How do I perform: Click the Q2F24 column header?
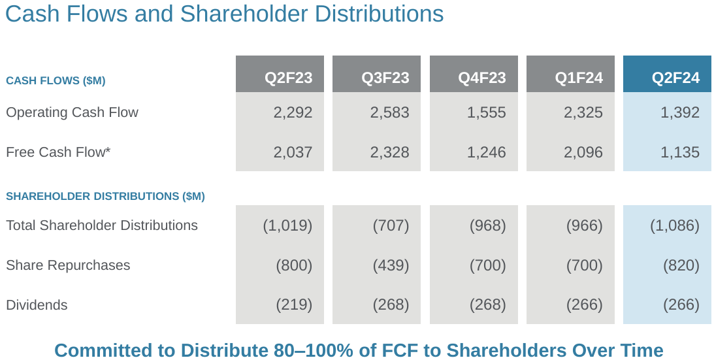click(x=675, y=78)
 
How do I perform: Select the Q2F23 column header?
click(x=288, y=78)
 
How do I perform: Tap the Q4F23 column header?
click(x=481, y=78)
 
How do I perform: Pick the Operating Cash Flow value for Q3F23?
click(x=389, y=112)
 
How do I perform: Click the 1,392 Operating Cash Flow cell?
click(x=680, y=112)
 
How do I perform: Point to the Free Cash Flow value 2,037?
click(x=293, y=152)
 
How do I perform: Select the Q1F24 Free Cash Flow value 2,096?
click(x=583, y=152)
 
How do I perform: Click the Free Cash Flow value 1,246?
click(x=486, y=152)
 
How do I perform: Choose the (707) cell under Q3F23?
click(x=391, y=225)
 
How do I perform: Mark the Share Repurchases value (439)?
click(x=391, y=265)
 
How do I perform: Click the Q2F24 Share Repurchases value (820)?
click(x=681, y=265)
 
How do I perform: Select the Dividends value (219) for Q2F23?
click(x=294, y=305)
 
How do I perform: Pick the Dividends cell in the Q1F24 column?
click(x=584, y=305)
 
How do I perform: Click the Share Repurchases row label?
click(x=68, y=265)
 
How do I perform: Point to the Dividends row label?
click(x=37, y=305)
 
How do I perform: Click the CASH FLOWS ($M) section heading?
click(x=56, y=81)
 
